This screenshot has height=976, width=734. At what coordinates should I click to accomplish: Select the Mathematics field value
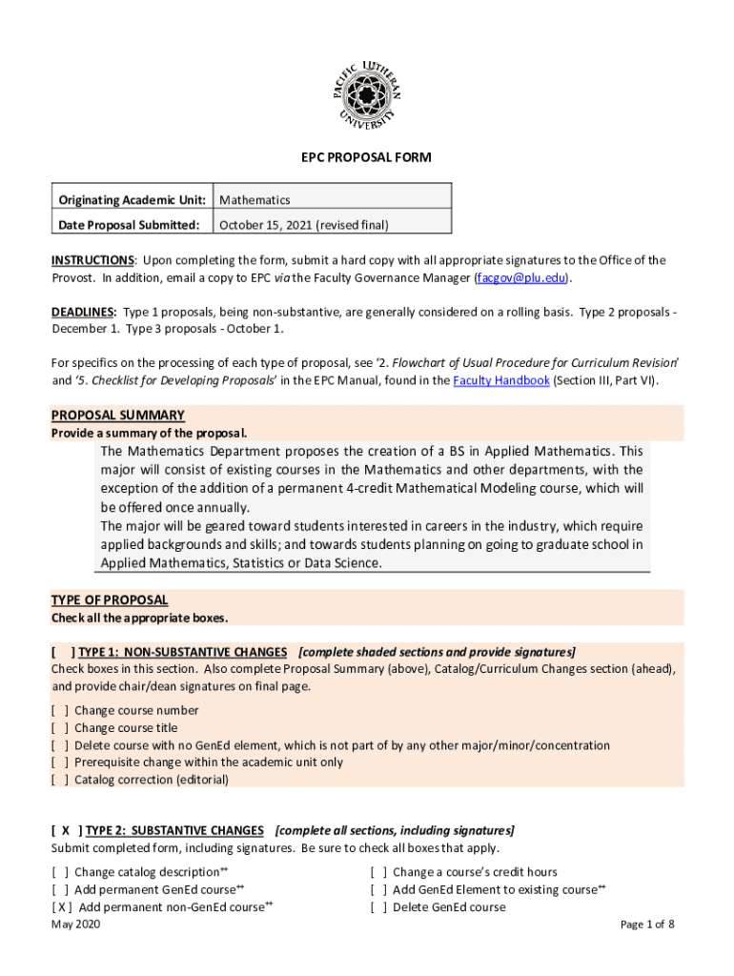click(255, 200)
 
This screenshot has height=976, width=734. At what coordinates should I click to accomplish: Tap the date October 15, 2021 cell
click(304, 225)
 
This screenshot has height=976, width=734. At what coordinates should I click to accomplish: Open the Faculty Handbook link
click(501, 380)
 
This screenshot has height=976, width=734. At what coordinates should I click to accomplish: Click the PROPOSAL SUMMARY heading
click(117, 415)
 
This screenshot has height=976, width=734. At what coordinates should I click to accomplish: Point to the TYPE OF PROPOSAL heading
click(110, 600)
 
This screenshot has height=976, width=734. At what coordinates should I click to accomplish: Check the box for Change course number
click(59, 710)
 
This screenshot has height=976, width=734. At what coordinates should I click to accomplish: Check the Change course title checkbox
click(59, 728)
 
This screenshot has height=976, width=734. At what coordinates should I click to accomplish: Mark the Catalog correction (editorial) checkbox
click(59, 780)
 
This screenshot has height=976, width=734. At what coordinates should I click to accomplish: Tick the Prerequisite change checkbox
click(59, 762)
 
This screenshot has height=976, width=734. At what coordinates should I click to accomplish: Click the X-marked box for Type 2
click(65, 830)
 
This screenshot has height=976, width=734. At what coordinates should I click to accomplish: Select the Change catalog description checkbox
click(59, 872)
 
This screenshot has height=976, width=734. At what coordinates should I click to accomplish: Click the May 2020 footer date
click(75, 925)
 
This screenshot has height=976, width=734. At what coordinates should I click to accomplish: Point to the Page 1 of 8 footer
click(647, 925)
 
